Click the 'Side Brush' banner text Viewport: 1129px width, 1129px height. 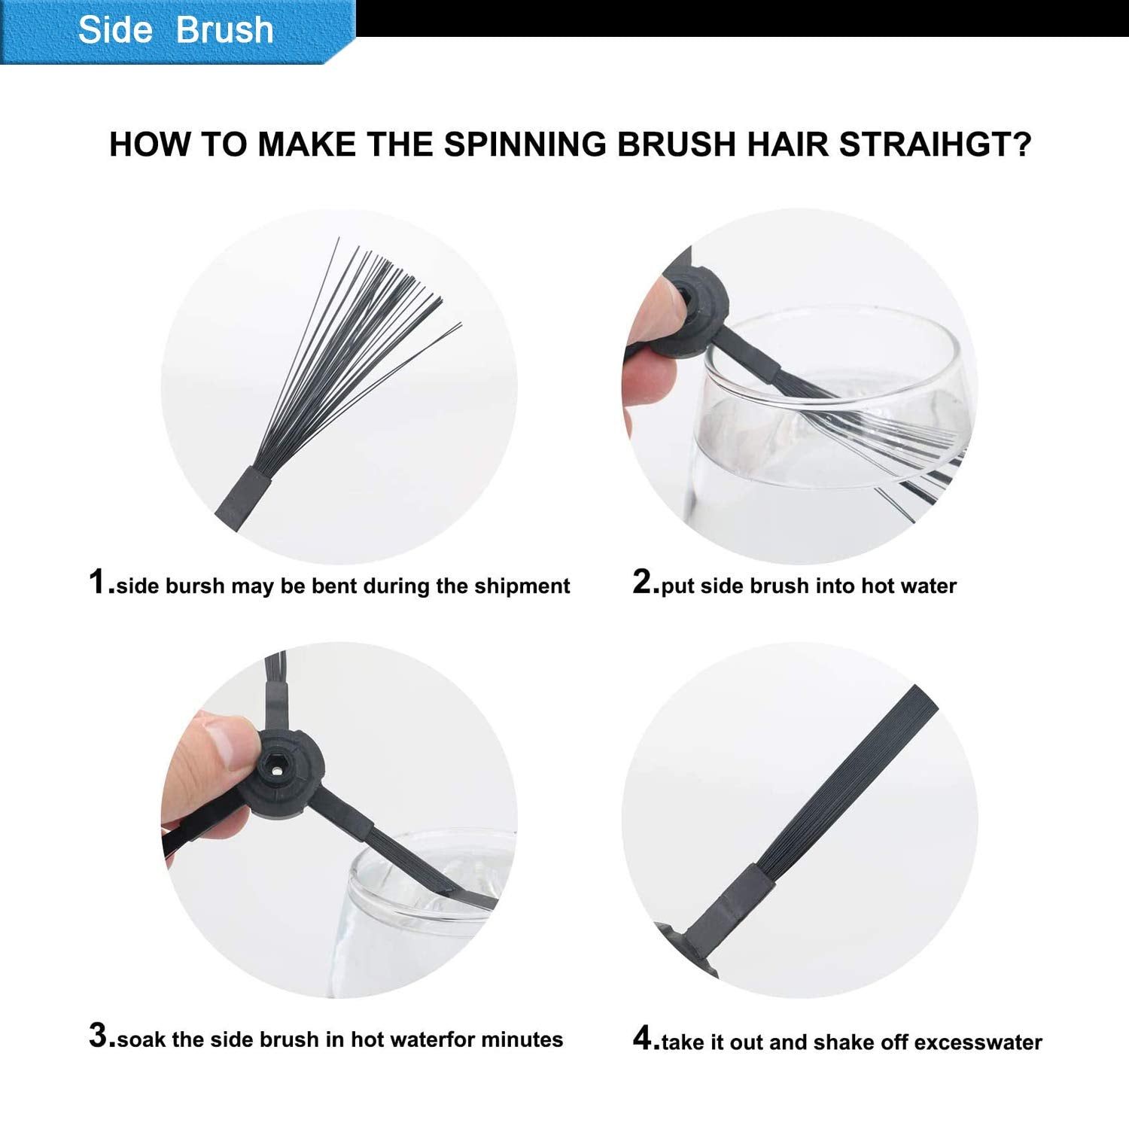tap(175, 29)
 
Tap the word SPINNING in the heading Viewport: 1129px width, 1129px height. tap(524, 144)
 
